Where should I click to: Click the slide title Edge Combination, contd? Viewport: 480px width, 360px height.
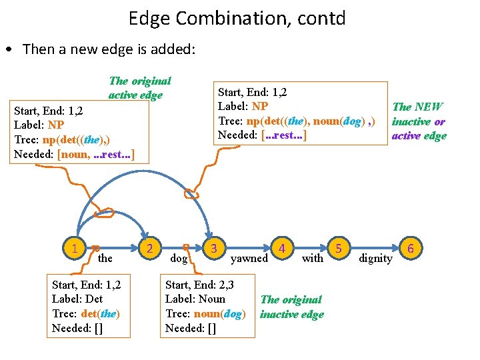237,18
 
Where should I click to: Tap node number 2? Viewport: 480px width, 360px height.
151,249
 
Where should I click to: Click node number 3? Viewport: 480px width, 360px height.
213,249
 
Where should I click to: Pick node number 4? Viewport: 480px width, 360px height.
283,249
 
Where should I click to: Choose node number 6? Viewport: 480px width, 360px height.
411,249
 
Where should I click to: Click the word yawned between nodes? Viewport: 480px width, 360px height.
249,258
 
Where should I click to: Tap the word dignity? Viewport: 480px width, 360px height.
375,258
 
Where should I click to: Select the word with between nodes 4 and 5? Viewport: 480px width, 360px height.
312,258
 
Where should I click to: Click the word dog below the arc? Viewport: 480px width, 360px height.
179,258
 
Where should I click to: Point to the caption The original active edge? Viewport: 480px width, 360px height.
139,87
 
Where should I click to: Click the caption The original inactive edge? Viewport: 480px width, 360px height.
291,307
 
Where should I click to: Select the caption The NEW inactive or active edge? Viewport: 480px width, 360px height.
418,121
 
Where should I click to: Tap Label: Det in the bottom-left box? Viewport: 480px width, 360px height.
77,299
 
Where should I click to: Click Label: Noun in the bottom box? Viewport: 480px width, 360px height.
195,299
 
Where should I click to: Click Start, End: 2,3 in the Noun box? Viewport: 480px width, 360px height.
200,285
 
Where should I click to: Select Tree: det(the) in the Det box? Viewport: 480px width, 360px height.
85,313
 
